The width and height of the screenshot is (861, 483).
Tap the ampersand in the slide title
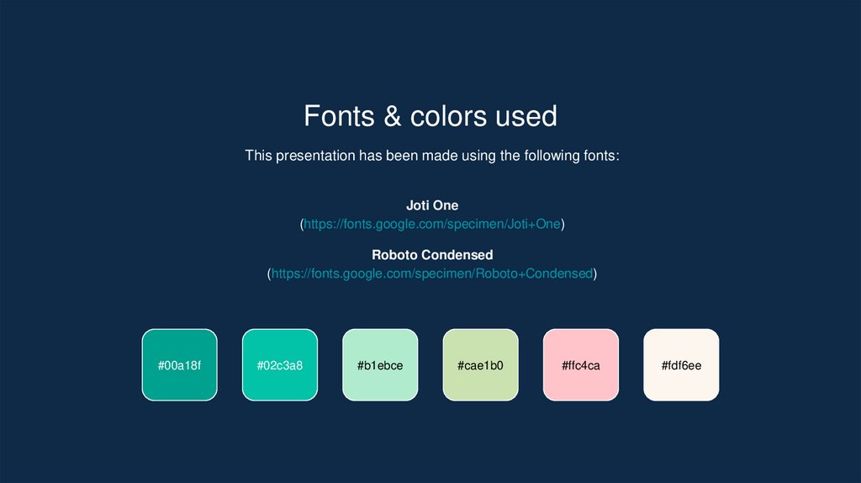[x=393, y=116]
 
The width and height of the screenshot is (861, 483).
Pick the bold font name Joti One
[x=432, y=205]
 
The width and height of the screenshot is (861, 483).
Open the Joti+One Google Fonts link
[x=432, y=224]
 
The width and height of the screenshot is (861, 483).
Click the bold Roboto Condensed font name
[x=432, y=254]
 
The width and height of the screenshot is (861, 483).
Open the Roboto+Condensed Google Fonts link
[x=432, y=273]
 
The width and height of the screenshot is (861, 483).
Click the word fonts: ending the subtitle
[x=600, y=156]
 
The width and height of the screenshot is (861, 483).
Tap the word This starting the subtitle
[x=258, y=156]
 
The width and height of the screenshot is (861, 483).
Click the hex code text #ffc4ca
[x=581, y=366]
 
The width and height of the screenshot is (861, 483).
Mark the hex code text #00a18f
[x=179, y=366]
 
